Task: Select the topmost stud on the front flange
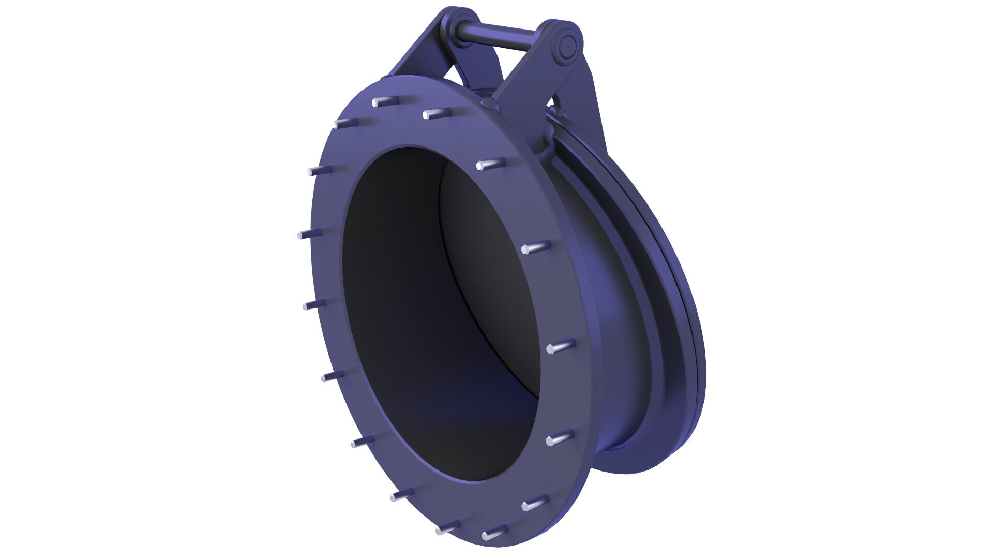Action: tap(385, 100)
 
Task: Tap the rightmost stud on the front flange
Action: tap(561, 346)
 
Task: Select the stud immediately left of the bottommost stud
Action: tap(448, 527)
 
